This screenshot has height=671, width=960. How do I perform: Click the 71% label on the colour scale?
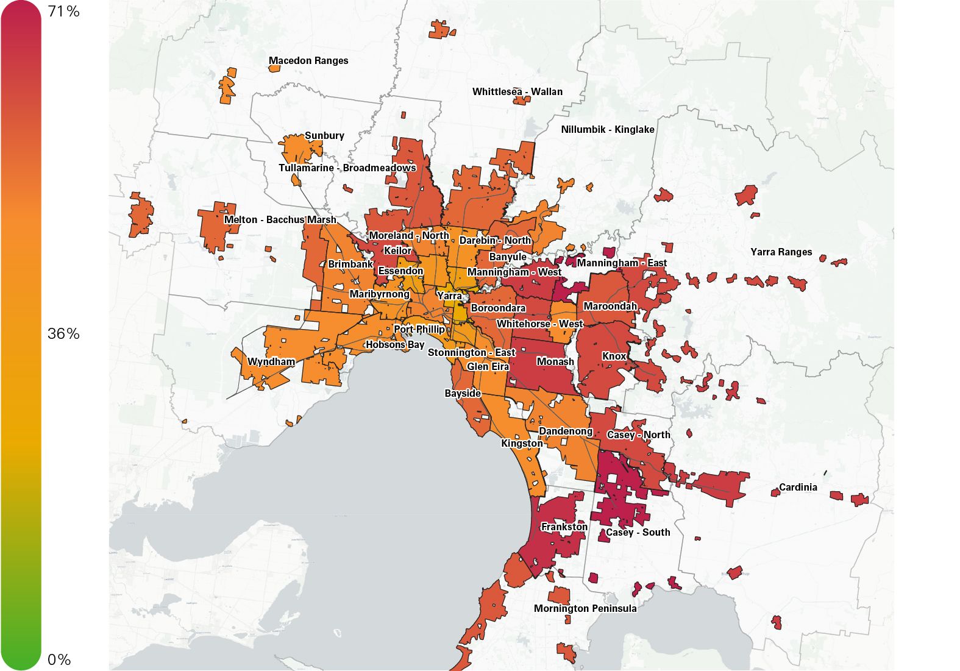coord(63,12)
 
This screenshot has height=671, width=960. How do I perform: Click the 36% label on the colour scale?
coord(63,333)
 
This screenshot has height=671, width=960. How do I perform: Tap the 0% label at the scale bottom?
coord(59,659)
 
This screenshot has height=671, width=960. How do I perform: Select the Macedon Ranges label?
coord(308,61)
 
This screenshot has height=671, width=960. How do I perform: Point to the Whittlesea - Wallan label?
coord(517,92)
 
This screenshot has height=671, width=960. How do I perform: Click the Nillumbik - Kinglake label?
coord(607,130)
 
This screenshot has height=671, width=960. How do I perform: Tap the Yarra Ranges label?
coord(781,252)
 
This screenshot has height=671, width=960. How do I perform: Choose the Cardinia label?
coord(797,488)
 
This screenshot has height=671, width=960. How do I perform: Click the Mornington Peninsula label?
coord(585,609)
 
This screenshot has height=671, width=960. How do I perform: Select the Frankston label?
coord(564,527)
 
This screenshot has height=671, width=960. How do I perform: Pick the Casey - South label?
coord(638,533)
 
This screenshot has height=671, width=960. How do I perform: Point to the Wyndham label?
coord(271,362)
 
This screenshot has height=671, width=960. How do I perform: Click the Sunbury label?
coord(324,136)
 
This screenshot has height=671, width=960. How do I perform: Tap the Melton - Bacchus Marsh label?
coord(280,220)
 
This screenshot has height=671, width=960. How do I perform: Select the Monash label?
coord(555,362)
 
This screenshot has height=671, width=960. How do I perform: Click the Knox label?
coord(614,357)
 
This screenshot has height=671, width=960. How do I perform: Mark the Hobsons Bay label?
coord(394,345)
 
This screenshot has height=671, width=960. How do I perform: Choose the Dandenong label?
coord(565,431)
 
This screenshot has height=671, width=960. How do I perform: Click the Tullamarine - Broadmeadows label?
coord(347,168)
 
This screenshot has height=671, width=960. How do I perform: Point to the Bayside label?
coord(463,394)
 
